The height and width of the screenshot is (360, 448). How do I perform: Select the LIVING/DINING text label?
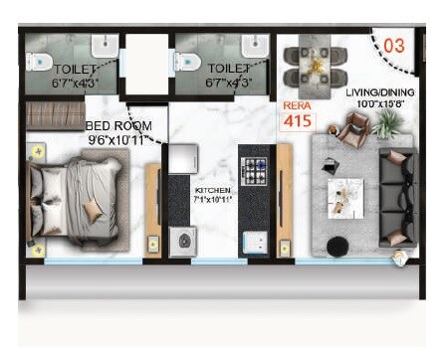coord(379,92)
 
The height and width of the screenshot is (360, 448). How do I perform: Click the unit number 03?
coord(393,46)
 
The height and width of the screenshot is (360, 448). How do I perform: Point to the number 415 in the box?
coord(298,122)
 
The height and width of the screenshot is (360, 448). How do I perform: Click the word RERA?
coord(297,104)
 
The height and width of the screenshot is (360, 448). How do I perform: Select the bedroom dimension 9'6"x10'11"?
coord(117,141)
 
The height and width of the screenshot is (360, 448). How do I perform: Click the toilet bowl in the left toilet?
coord(40,62)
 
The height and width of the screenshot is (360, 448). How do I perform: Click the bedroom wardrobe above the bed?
coord(56,115)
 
